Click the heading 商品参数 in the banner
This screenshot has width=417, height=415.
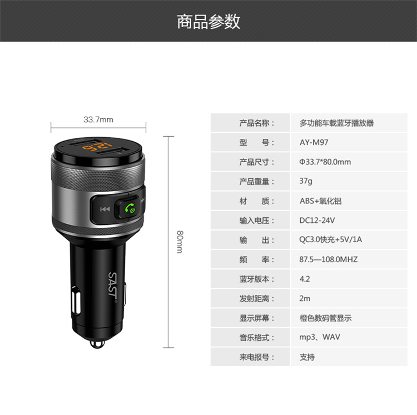[209, 22]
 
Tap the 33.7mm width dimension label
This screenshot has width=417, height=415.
[98, 119]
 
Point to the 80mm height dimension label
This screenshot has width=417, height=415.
[180, 242]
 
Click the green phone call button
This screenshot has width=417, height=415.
[130, 208]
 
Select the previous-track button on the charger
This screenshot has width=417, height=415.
[105, 209]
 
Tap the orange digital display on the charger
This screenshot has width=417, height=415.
[97, 147]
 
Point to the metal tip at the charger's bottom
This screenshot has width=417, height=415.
[97, 344]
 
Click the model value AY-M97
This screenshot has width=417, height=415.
[314, 142]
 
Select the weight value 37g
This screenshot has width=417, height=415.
[306, 181]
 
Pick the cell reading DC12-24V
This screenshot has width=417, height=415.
[317, 220]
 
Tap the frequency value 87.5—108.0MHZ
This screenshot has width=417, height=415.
[329, 259]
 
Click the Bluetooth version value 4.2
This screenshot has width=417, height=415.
[305, 279]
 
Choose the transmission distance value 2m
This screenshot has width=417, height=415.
[305, 298]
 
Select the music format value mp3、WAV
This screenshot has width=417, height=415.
[320, 337]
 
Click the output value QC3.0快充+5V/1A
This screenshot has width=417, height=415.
[331, 239]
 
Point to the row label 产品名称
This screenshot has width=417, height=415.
[254, 123]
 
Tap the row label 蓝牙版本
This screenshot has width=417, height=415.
[254, 279]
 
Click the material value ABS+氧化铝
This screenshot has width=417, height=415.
[320, 201]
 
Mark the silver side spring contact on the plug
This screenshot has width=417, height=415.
[76, 301]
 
